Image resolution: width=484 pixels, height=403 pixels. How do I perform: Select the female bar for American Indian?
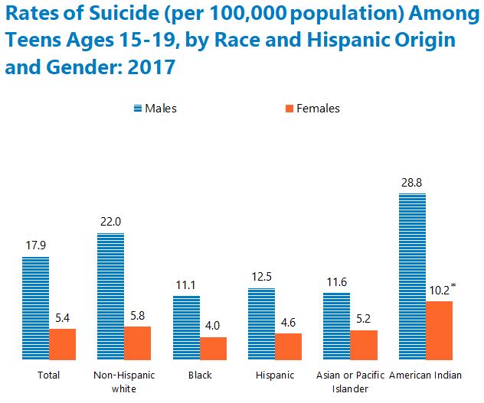tap(439, 330)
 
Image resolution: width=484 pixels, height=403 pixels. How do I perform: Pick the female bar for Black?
tap(214, 348)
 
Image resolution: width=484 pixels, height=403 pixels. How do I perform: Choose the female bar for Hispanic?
tap(288, 346)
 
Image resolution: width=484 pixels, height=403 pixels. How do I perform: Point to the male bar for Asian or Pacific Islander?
tap(336, 326)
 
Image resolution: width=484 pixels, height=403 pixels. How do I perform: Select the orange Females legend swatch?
tap(288, 109)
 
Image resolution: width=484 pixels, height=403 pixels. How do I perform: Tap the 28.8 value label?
tap(411, 183)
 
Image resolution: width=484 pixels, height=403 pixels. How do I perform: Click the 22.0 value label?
tap(110, 222)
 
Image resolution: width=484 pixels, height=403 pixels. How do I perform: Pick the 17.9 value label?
tap(35, 246)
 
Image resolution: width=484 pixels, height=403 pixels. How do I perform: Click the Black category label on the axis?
tap(200, 375)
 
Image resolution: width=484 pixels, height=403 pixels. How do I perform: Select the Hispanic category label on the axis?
tap(275, 375)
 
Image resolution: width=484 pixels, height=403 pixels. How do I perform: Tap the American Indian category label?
tap(425, 375)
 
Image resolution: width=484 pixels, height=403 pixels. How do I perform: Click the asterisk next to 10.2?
tap(453, 286)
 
